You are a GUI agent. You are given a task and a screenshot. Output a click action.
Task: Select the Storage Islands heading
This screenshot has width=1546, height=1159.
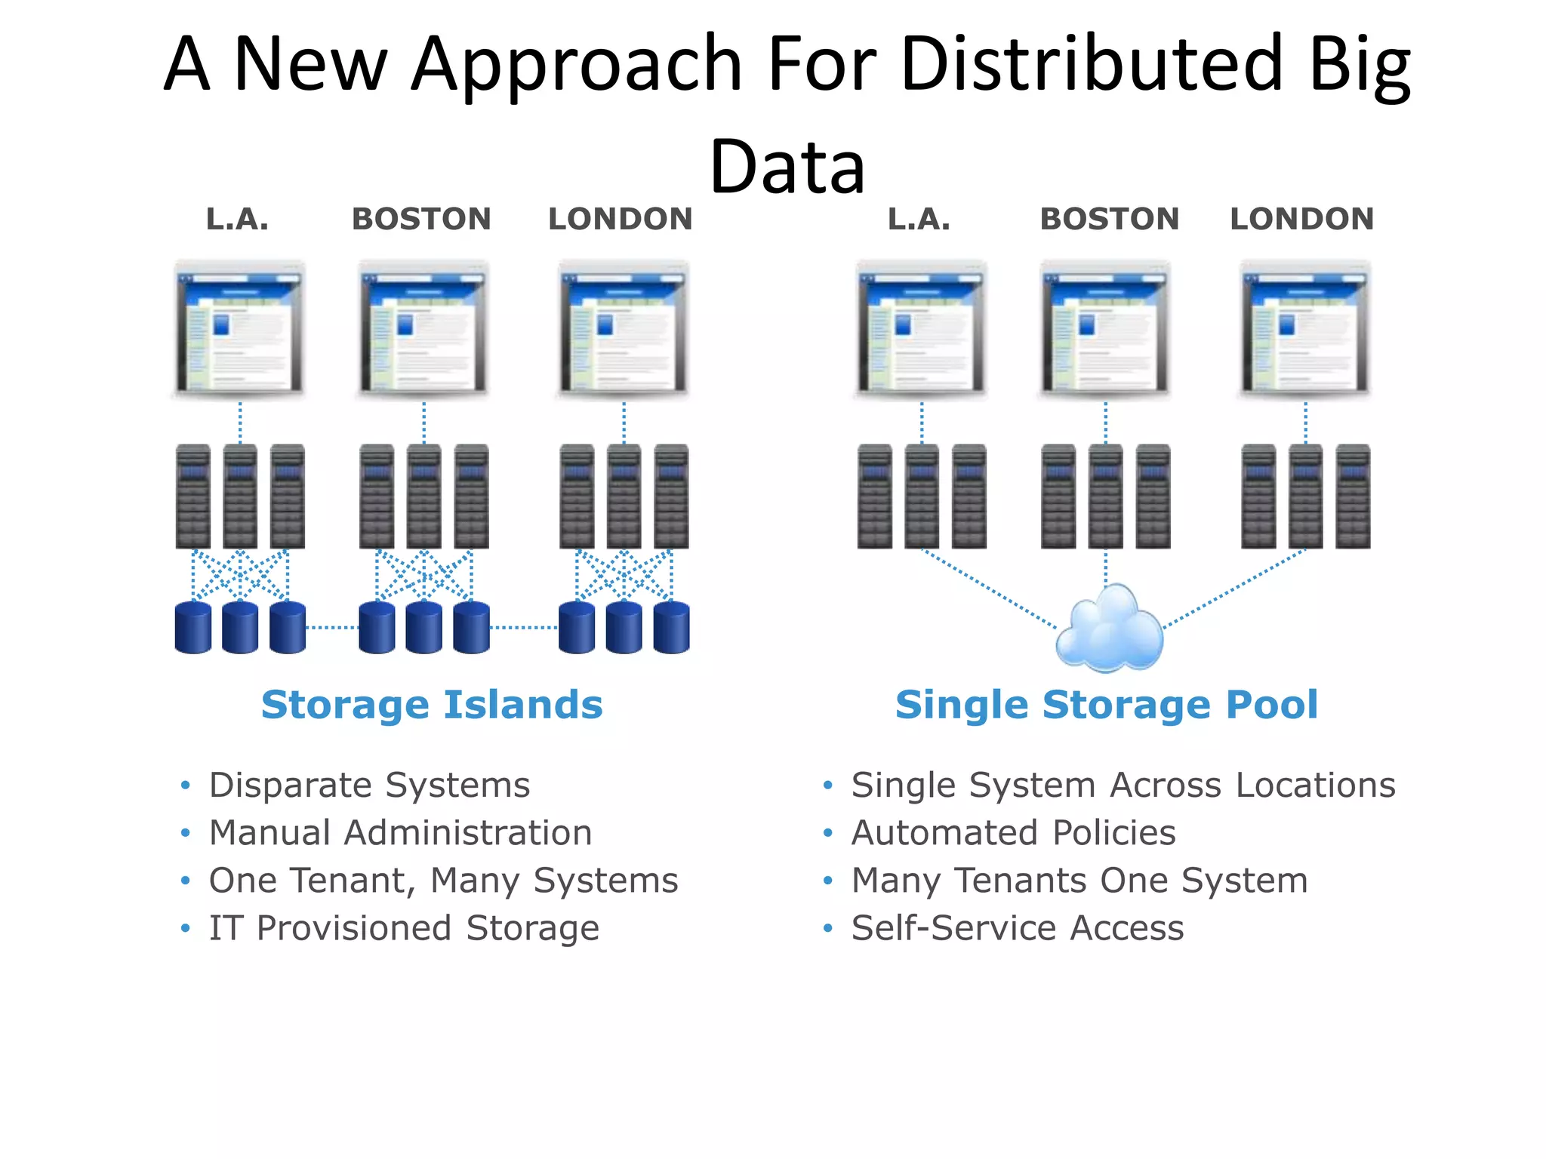[432, 705]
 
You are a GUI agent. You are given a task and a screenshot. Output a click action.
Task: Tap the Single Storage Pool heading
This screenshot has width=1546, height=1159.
[1106, 705]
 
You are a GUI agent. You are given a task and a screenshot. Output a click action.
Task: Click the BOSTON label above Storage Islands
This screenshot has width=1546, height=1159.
[421, 220]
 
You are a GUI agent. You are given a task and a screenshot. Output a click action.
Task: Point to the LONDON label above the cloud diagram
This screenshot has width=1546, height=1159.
[1301, 220]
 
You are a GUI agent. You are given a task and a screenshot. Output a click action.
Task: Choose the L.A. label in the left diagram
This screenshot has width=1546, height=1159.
[237, 220]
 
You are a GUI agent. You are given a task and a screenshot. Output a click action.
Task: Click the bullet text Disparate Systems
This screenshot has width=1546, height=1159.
[369, 785]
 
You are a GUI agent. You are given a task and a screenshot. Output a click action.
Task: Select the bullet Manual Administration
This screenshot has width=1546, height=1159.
[400, 833]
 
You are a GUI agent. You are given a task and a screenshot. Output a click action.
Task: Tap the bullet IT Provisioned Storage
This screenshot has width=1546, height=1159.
[404, 928]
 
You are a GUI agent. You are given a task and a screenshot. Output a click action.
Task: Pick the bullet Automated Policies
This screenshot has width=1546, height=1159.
[1013, 833]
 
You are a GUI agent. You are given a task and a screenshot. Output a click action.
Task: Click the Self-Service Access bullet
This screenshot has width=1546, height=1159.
[1018, 928]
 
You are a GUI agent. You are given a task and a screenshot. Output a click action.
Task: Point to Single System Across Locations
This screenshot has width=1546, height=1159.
[1123, 785]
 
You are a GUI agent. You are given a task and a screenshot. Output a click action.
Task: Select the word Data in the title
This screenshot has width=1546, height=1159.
[787, 167]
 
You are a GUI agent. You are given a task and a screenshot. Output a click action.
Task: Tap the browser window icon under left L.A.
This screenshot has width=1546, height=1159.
[239, 329]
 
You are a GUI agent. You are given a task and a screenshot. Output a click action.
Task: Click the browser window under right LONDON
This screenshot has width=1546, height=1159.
[1305, 329]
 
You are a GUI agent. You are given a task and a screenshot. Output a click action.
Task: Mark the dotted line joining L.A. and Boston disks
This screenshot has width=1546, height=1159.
[332, 627]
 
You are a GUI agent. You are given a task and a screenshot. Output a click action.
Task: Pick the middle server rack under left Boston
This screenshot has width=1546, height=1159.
[423, 496]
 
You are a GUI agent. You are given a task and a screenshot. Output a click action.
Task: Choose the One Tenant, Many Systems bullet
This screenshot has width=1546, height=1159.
[443, 881]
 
